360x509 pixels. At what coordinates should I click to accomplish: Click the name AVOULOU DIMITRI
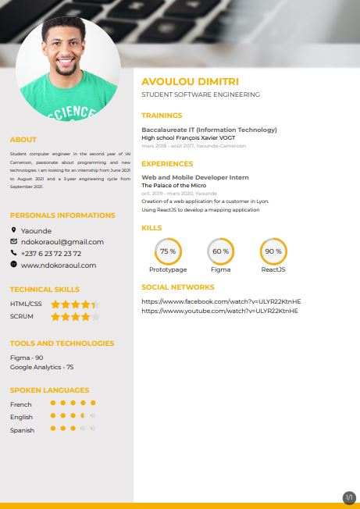[x=190, y=81]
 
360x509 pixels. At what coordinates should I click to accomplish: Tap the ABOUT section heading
[x=23, y=140]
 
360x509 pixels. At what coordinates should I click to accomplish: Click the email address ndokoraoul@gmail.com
[x=62, y=242]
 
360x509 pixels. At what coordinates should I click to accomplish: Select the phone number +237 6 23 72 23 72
[x=51, y=254]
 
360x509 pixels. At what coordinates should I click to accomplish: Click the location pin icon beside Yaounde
[x=14, y=230]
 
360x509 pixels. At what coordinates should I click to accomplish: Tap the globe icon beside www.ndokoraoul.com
[x=14, y=265]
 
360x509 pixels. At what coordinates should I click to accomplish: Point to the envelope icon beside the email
[x=14, y=242]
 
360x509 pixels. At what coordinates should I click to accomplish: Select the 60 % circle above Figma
[x=220, y=251]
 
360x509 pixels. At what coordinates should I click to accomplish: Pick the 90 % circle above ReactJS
[x=273, y=251]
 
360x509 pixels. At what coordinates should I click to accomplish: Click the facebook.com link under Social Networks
[x=221, y=301]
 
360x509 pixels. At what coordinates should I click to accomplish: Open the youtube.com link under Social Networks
[x=220, y=311]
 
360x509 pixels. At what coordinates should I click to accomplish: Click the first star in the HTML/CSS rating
[x=55, y=304]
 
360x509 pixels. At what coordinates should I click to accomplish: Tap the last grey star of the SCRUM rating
[x=95, y=317]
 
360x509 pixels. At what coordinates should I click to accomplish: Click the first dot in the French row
[x=52, y=404]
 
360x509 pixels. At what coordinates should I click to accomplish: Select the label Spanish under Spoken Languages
[x=22, y=429]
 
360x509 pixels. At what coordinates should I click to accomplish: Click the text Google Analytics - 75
[x=42, y=367]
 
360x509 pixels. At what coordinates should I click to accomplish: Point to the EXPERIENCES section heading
[x=167, y=164]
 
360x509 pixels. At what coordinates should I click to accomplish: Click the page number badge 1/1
[x=349, y=497]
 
